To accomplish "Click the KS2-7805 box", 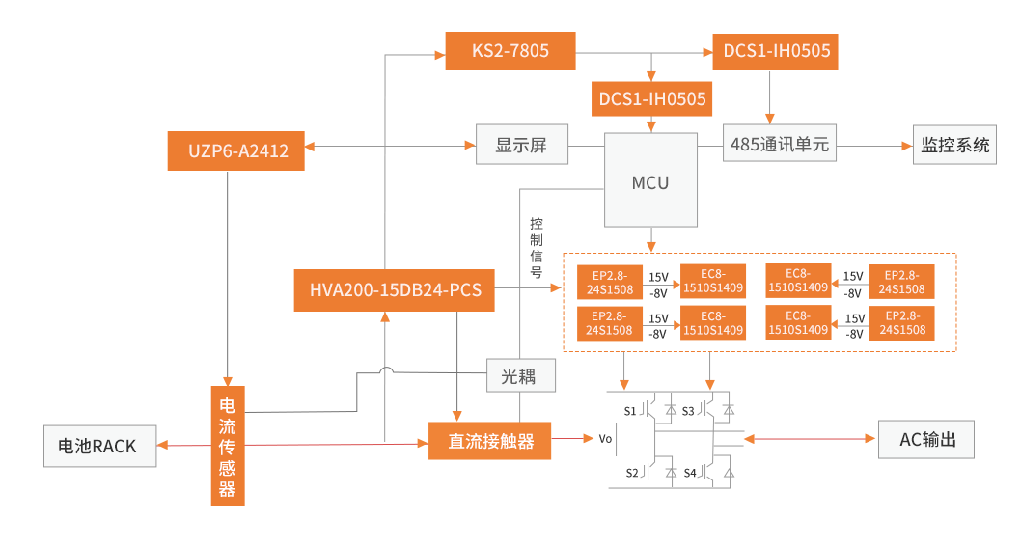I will [510, 50].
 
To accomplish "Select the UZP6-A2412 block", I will [235, 150].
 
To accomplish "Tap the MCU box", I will [650, 181].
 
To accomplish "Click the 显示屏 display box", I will [521, 146].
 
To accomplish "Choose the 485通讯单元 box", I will [780, 146].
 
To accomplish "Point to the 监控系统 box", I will [954, 146].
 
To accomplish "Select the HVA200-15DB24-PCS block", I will [394, 290].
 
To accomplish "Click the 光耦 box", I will [521, 375].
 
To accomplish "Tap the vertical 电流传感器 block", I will [227, 446].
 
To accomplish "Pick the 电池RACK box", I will [99, 446].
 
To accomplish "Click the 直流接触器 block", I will [489, 441].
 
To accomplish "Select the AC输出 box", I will [926, 439].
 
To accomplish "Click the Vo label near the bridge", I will [605, 439].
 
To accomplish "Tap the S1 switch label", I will [630, 411].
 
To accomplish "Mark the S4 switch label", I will [690, 473].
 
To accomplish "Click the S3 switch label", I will [688, 411].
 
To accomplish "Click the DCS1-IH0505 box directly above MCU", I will [651, 98].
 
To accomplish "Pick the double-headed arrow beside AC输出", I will [809, 439].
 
